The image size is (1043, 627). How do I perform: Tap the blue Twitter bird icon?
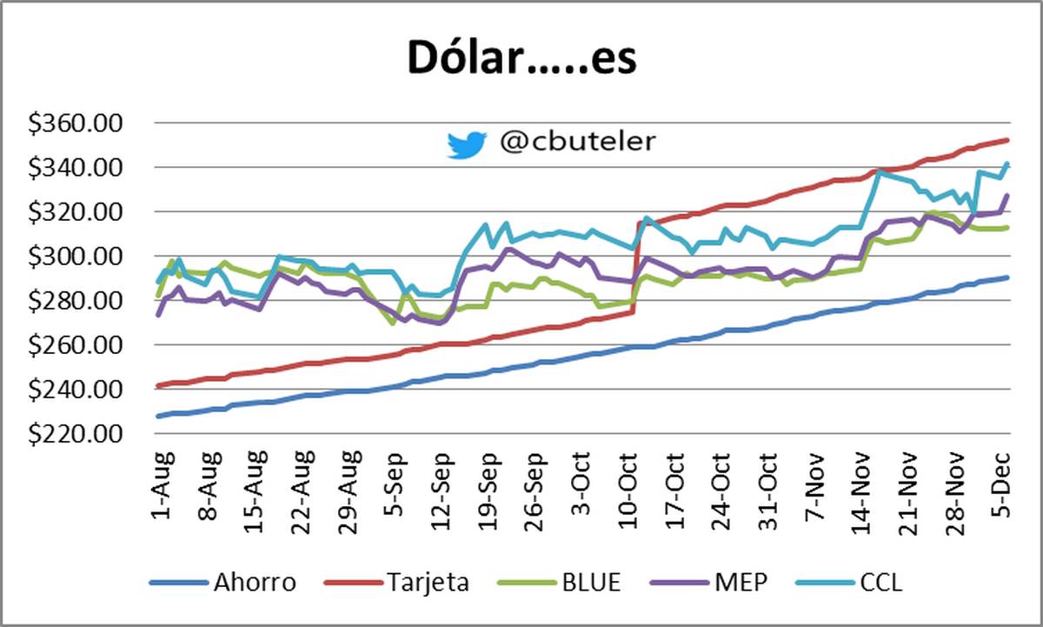coord(468,144)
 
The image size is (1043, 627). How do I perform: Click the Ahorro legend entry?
coord(254,582)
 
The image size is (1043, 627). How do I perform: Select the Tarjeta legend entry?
coord(425,582)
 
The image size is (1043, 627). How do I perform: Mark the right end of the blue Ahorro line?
coord(1006,277)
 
